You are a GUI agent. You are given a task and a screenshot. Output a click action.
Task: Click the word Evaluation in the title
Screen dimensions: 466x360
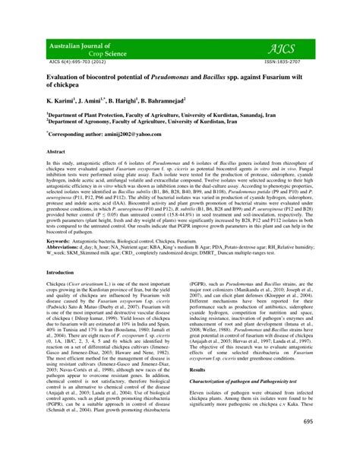coord(68,78)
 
